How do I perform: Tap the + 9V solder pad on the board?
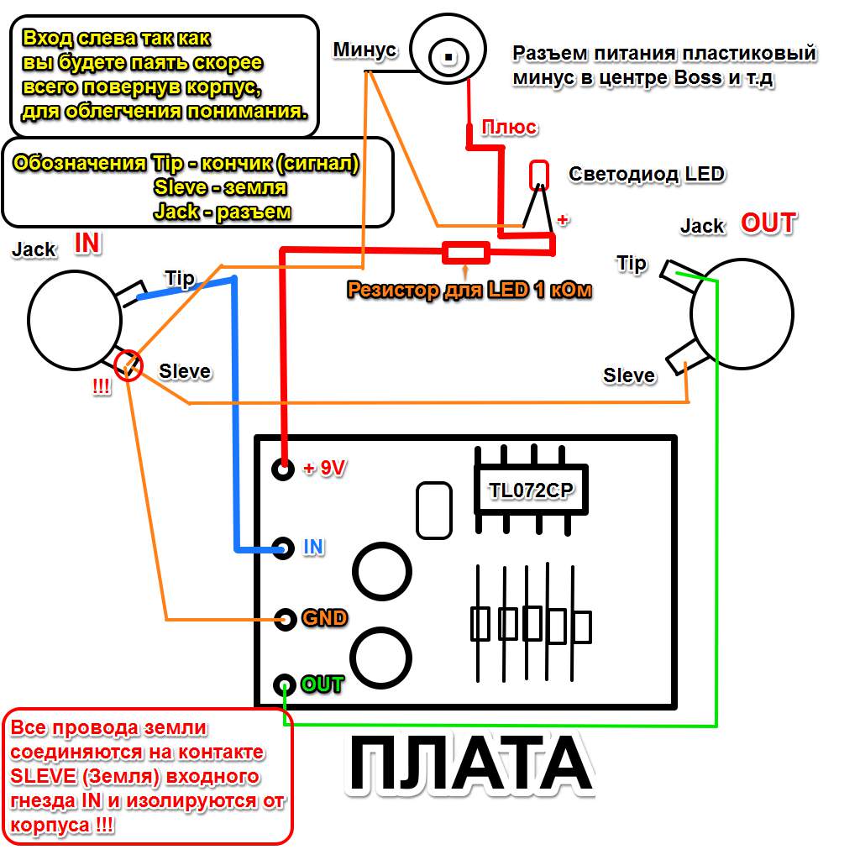(283, 469)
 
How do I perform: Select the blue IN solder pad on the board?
(283, 548)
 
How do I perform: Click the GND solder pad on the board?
(284, 619)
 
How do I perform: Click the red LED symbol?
(538, 175)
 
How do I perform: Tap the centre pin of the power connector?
(449, 57)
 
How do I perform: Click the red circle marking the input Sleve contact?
(128, 365)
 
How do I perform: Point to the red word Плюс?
(510, 128)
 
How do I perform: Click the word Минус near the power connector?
(364, 50)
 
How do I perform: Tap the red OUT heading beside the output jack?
(768, 223)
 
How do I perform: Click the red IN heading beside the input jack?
(87, 244)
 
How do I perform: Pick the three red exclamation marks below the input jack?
(101, 389)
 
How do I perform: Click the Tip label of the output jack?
(632, 264)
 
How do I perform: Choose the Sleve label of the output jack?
(629, 375)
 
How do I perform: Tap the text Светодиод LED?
(646, 174)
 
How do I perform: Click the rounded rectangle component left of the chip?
(433, 510)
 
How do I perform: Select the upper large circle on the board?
(383, 572)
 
